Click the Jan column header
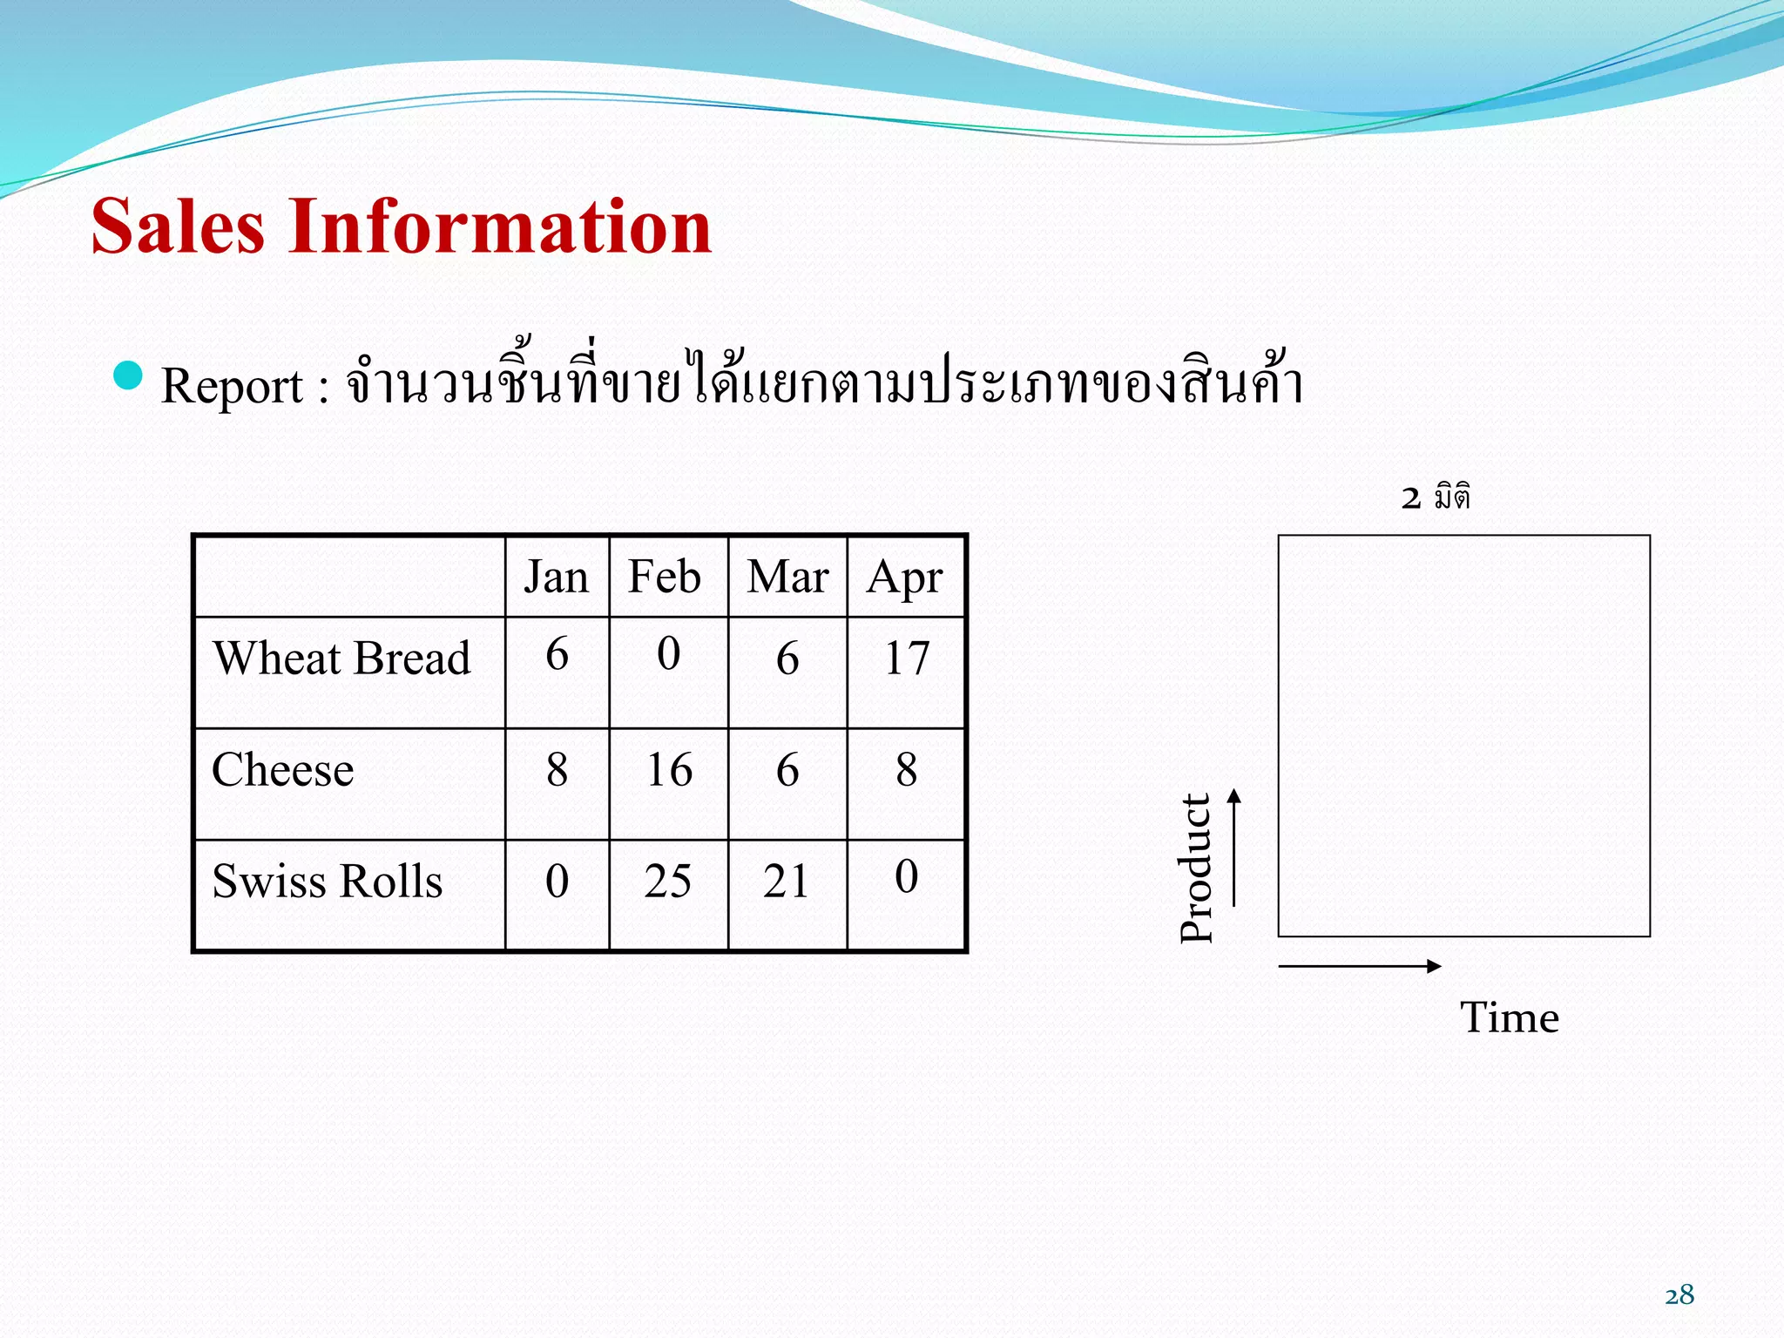556,578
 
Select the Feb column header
665,578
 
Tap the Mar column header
787,578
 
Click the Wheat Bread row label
341,659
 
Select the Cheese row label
283,770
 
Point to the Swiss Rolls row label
328,882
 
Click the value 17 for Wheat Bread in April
907,659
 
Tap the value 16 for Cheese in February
669,770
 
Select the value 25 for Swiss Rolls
667,882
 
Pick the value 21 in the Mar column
787,882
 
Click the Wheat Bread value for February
668,653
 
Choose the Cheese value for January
557,770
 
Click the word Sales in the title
178,226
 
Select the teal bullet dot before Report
128,375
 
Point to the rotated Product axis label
1197,868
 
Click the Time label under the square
1510,1017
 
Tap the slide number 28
1679,1295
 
